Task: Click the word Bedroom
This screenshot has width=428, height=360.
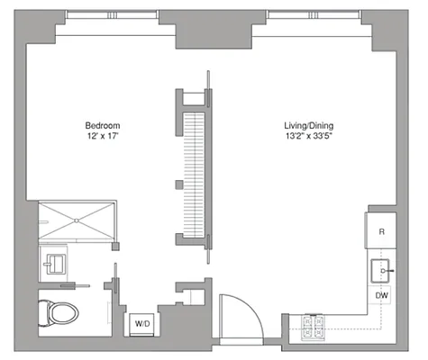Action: [x=103, y=125]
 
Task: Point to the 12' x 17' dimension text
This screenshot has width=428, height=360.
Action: [x=103, y=137]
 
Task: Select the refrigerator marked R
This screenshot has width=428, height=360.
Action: [x=382, y=231]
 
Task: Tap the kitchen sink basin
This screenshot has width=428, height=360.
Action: [x=383, y=270]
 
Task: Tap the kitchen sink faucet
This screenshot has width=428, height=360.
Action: [x=388, y=269]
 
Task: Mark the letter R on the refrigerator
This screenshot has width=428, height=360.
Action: [x=382, y=231]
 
